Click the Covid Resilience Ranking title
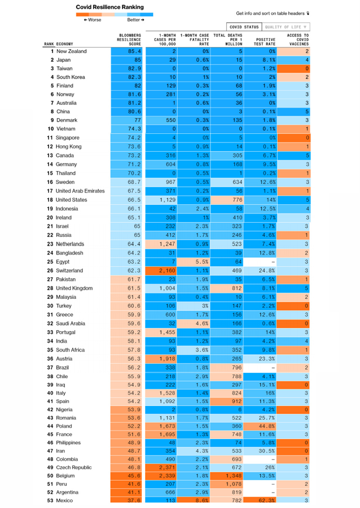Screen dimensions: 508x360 tap(110, 7)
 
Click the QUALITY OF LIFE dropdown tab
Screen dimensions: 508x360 tap(287, 27)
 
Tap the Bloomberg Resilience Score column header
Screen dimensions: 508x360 tap(129, 39)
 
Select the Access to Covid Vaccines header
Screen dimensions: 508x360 tap(297, 39)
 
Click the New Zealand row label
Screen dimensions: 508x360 tap(71, 51)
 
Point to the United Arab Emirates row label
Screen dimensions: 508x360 tap(80, 191)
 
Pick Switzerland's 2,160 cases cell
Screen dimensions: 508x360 tap(161, 271)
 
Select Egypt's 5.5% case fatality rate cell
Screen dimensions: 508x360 tap(194, 262)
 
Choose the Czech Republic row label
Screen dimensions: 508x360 tap(74, 467)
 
